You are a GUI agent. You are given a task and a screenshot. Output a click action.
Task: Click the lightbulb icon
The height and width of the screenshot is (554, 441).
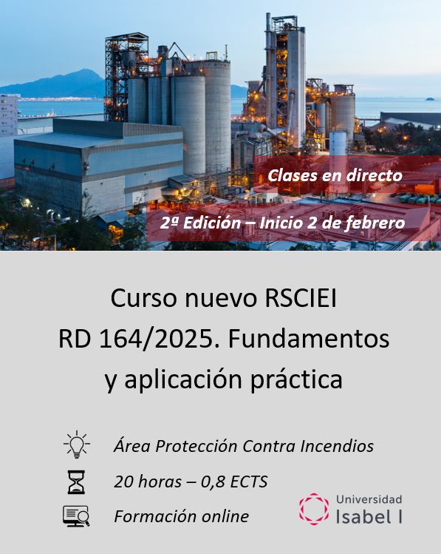(76, 445)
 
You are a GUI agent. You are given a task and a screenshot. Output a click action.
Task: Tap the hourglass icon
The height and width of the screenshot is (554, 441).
(76, 482)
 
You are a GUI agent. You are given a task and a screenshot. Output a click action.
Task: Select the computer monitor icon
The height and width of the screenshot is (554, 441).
(76, 516)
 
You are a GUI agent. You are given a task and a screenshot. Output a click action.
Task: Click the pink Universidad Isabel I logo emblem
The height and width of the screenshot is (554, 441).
(314, 509)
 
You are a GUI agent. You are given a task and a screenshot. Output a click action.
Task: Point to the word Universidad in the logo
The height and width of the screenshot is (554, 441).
(369, 499)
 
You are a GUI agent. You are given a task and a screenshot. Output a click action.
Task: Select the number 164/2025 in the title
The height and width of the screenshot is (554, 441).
(156, 339)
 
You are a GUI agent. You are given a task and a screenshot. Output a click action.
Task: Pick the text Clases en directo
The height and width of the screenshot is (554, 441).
(335, 175)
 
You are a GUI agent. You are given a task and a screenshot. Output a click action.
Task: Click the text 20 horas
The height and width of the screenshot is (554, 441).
(147, 482)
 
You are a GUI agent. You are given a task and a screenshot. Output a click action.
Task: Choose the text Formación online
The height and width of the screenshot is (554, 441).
(181, 516)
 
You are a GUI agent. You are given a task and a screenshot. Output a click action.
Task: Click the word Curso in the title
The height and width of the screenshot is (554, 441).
(141, 299)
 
